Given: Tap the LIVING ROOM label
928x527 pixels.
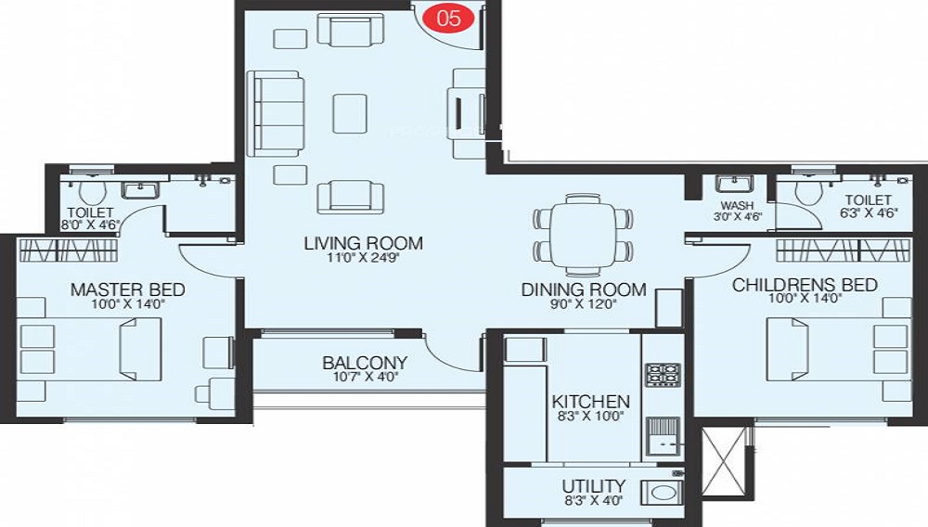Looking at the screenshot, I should tap(363, 244).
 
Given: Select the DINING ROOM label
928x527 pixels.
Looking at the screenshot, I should tap(583, 289).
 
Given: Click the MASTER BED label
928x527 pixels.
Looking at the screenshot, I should tap(127, 289).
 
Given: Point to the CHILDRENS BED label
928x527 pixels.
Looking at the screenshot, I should tap(805, 285).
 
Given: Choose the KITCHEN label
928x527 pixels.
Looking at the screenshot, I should tap(591, 402).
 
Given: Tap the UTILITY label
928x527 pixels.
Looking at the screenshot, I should tap(593, 486).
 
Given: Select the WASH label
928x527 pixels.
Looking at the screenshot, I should tap(737, 205).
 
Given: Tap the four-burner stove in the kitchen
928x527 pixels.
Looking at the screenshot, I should tap(662, 375).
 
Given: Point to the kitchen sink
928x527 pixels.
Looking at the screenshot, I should tap(663, 436).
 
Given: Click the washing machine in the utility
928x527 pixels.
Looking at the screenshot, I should tap(663, 493).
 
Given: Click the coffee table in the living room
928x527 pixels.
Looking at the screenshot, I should tap(350, 112).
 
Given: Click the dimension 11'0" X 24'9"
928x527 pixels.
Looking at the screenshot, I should tap(363, 262).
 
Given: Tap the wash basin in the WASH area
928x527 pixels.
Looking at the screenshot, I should tap(741, 183).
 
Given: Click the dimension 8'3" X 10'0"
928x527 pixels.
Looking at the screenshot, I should tap(591, 418).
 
